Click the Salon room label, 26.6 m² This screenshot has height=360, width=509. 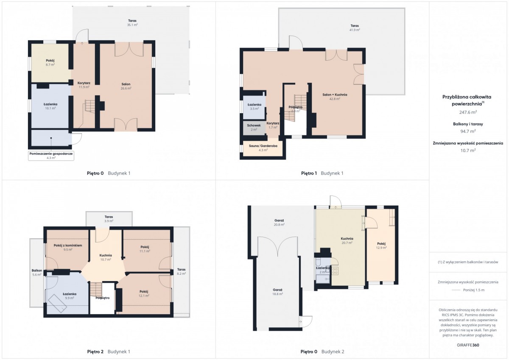tap(126, 86)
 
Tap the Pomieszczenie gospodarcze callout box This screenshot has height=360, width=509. tap(51, 156)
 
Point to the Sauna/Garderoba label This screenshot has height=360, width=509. tap(263, 148)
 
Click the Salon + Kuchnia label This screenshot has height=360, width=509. tap(335, 97)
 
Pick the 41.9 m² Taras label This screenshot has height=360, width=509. tap(355, 28)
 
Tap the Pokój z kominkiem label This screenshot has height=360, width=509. tap(68, 247)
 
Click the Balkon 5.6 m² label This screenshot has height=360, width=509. tap(36, 272)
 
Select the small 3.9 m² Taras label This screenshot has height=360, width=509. tap(109, 219)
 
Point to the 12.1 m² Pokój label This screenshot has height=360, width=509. tap(144, 293)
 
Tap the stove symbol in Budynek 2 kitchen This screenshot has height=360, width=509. tap(335, 271)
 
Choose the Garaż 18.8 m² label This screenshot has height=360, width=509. tap(278, 292)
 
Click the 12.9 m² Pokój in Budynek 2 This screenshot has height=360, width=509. tap(381, 246)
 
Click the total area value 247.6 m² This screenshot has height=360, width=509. tap(468, 112)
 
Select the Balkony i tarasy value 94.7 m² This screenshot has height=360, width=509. tap(468, 131)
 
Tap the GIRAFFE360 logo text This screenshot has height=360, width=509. tap(468, 345)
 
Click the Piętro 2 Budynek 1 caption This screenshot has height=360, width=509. tap(109, 352)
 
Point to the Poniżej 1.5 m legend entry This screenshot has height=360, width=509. tap(474, 290)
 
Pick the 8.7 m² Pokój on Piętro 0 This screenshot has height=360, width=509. tap(50, 62)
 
